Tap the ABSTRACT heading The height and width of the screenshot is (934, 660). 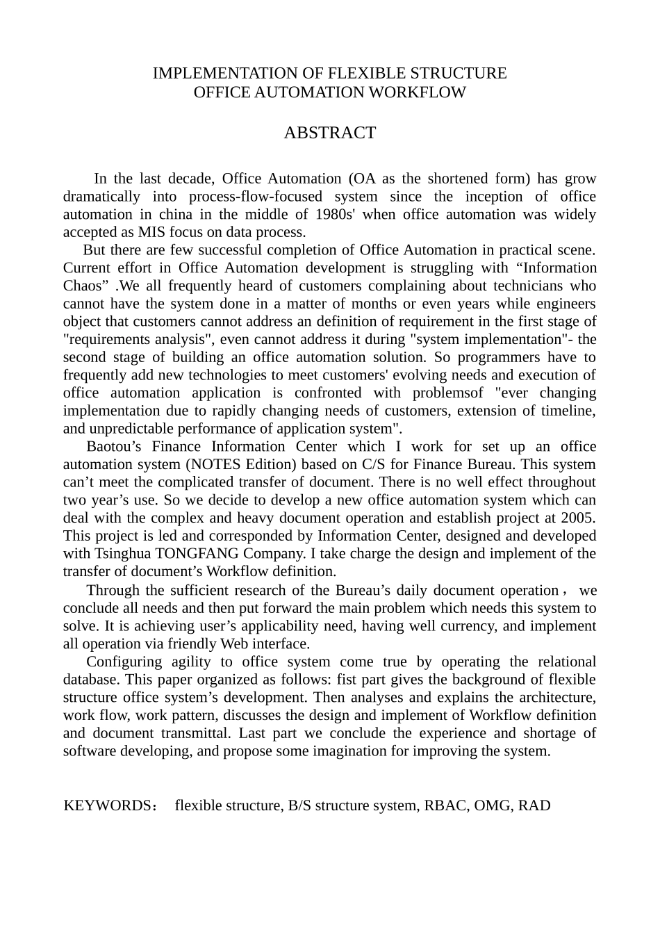[329, 133]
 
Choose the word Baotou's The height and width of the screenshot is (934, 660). [114, 447]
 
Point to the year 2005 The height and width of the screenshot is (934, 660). [579, 518]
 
